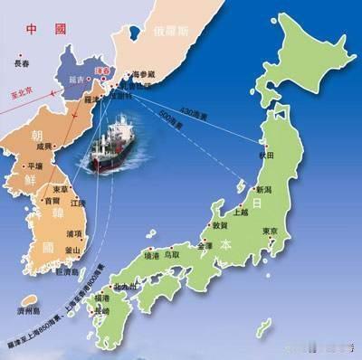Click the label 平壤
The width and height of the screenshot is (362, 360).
tap(34, 166)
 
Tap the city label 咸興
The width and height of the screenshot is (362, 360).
tap(43, 146)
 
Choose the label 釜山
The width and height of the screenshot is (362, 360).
tap(73, 251)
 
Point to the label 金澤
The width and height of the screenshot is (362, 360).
tap(205, 246)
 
